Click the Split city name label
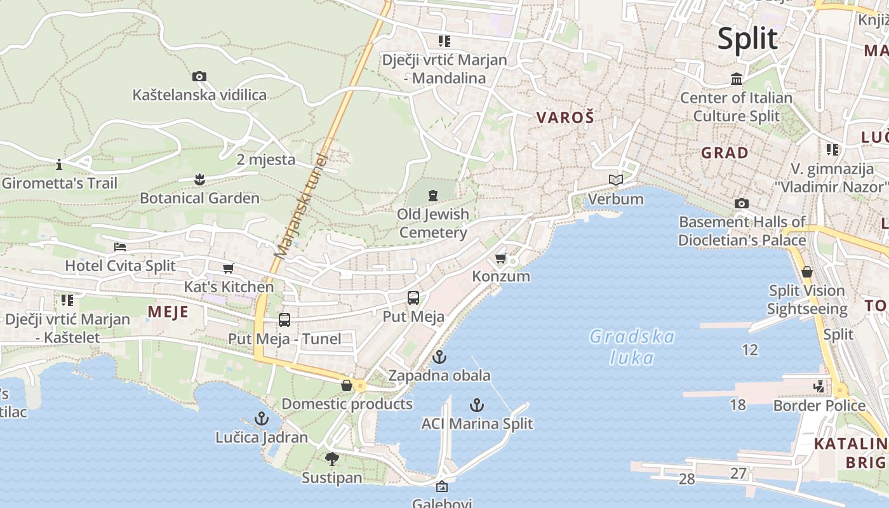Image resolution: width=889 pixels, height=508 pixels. [x=747, y=39]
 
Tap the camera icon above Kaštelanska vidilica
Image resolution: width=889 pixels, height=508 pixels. [x=199, y=77]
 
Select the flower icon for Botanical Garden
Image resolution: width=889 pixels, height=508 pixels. [x=199, y=180]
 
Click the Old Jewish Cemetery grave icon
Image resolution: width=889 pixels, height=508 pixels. [x=433, y=196]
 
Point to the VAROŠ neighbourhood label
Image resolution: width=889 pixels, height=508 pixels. [x=565, y=117]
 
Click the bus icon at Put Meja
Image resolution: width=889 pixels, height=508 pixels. [x=413, y=297]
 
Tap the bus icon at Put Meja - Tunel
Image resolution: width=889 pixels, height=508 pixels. [x=284, y=320]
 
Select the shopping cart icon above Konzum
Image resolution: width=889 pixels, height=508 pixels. [x=500, y=258]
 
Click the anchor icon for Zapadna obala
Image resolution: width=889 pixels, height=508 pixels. [x=439, y=357]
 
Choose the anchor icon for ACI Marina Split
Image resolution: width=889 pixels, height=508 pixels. [x=477, y=405]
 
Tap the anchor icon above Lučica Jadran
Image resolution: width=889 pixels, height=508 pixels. [x=262, y=418]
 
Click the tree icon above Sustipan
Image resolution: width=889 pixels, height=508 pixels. [x=331, y=459]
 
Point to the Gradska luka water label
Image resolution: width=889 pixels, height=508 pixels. [x=632, y=347]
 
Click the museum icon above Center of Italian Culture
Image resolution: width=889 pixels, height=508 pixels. [x=737, y=79]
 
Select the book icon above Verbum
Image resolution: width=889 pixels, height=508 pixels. [x=615, y=180]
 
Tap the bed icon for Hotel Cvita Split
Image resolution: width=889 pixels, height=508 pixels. [x=120, y=247]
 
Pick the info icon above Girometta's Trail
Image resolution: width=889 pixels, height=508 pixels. [x=59, y=165]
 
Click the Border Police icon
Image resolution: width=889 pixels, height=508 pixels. [x=819, y=386]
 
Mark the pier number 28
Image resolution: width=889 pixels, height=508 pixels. [x=687, y=479]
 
